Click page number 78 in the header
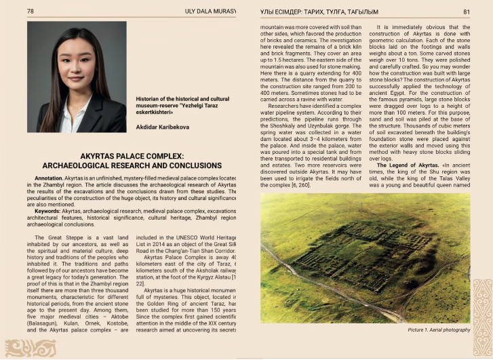[31, 12]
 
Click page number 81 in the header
[467, 12]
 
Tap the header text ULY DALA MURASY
[210, 12]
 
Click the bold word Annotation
[49, 177]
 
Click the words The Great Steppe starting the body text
[58, 238]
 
